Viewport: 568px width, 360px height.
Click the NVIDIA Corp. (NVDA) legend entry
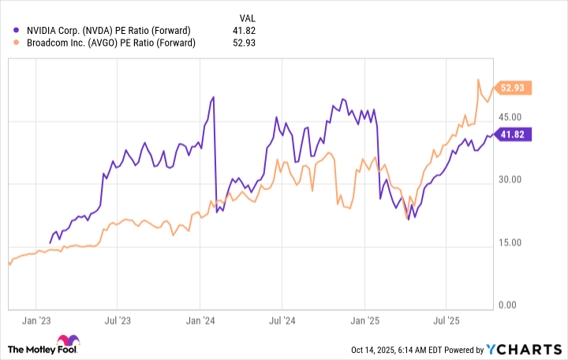click(x=108, y=30)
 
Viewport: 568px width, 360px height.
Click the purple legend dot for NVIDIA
click(x=17, y=30)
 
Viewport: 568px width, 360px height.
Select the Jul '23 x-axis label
click(x=117, y=321)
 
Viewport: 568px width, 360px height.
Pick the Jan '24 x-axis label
click(x=200, y=321)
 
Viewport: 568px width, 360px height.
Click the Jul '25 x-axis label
click(x=447, y=321)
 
